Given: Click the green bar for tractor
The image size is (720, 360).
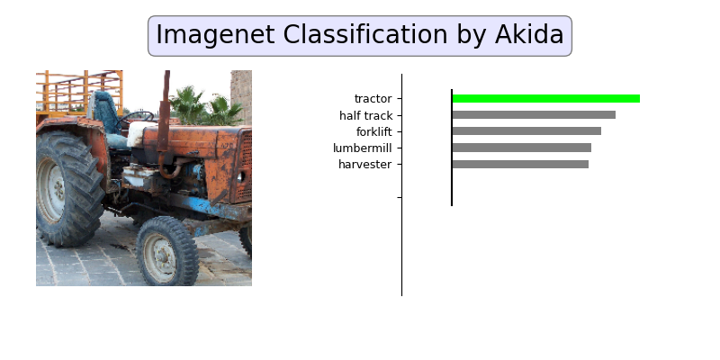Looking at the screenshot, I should tap(545, 98).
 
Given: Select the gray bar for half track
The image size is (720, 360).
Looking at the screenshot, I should tap(534, 115).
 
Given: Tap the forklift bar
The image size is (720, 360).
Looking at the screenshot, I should tap(526, 131).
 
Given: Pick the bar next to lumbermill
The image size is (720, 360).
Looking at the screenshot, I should tap(521, 148).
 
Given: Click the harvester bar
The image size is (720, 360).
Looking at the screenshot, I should tap(520, 164).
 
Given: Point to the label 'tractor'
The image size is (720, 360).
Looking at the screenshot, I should tap(373, 98).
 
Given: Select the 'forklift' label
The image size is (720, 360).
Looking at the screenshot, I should tap(373, 131).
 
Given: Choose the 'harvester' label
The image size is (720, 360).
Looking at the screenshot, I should tap(364, 164).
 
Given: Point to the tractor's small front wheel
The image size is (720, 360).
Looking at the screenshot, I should tap(166, 252).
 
